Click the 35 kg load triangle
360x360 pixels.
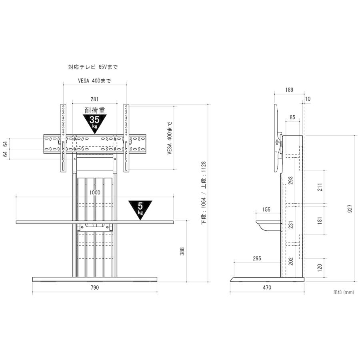(94, 123)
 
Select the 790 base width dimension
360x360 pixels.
(94, 288)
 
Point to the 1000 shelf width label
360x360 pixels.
(95, 192)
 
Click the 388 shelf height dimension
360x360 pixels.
(182, 252)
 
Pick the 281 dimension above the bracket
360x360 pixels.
(94, 99)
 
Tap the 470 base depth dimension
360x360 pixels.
(267, 288)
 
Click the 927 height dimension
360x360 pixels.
(350, 208)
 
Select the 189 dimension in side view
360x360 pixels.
(289, 90)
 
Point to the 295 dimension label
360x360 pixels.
(257, 258)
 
